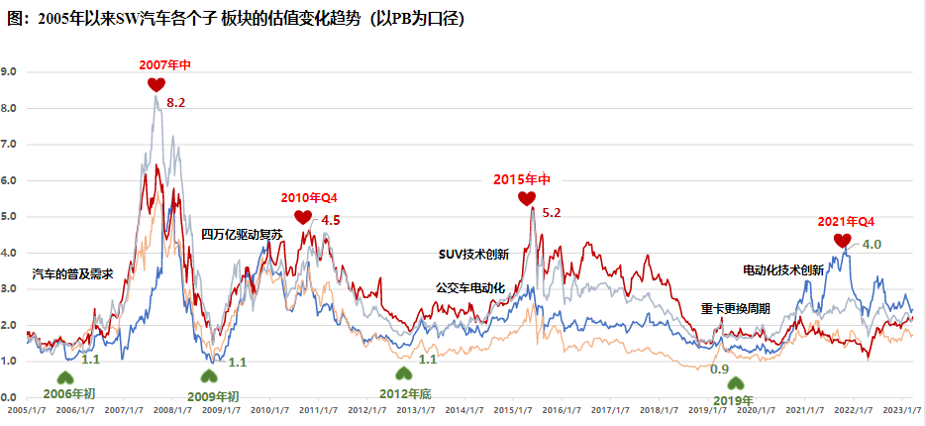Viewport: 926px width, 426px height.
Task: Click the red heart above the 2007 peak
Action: click(156, 85)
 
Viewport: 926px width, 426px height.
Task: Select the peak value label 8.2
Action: click(176, 102)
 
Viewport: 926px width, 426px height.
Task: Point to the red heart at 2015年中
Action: click(526, 199)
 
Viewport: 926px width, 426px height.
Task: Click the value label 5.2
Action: click(552, 213)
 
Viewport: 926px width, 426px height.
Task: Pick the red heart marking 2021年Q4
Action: click(842, 241)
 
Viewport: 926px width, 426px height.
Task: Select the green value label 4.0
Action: click(872, 244)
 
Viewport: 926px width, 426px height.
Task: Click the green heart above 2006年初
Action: click(64, 376)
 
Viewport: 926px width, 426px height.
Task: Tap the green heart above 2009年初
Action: click(209, 376)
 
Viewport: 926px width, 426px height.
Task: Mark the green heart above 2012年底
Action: click(403, 373)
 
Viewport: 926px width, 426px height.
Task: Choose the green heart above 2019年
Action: click(734, 383)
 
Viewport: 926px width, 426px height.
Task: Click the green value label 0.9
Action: click(720, 369)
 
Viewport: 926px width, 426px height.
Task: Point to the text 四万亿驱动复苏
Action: click(243, 235)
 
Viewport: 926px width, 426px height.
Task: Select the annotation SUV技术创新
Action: click(473, 254)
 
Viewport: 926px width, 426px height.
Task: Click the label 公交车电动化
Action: click(470, 287)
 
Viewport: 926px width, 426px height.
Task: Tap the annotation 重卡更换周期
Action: click(736, 308)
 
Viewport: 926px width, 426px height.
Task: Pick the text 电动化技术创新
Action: click(783, 269)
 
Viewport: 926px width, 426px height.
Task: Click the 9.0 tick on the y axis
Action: click(9, 71)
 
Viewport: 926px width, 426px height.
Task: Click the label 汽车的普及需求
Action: click(73, 272)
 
